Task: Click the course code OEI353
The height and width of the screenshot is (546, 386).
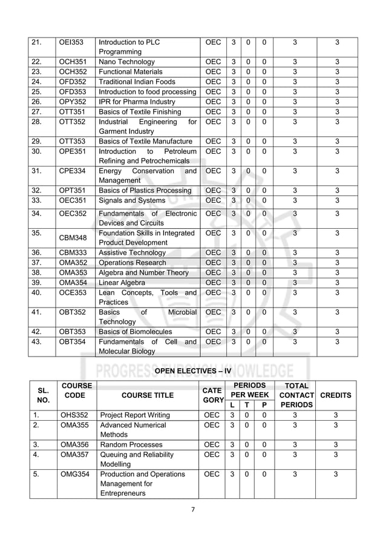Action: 71,42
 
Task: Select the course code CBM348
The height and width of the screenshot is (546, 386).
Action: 73,237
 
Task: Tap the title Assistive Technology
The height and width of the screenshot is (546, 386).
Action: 132,252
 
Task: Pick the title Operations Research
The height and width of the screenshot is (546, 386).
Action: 132,263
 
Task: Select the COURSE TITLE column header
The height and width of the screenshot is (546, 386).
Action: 147,395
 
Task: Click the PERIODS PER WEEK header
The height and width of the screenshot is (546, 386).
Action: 250,389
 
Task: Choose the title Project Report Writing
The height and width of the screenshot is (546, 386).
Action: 134,415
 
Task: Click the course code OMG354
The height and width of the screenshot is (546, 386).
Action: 74,475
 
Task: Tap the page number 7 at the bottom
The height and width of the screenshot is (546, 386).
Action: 193,509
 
